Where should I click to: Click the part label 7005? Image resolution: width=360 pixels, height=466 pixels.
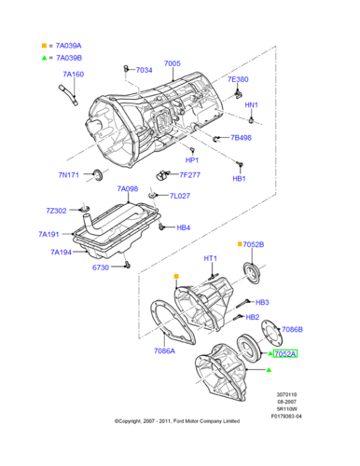point(172,64)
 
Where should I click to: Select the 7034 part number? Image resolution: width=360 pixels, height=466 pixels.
point(144,70)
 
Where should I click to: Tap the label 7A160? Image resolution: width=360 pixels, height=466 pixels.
point(73,74)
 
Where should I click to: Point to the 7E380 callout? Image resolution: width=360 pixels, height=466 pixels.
point(238,79)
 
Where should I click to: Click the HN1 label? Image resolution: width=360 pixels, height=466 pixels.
point(251,104)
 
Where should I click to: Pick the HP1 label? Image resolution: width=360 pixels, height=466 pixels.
point(191,159)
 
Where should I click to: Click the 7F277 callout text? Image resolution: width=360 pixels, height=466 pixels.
point(190,174)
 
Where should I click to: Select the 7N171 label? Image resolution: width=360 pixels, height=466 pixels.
point(70,174)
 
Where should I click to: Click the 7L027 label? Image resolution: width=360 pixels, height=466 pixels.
point(179,196)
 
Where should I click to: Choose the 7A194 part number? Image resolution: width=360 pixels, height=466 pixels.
point(62,252)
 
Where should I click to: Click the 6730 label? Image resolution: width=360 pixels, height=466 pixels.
point(101,267)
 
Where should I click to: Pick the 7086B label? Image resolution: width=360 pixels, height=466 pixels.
point(293,329)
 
